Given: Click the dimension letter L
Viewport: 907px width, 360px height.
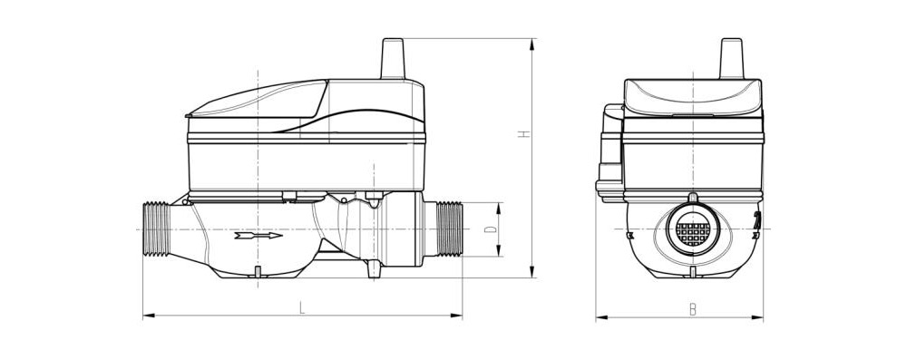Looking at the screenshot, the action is point(301,307).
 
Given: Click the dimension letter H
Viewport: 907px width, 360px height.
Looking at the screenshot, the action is point(523,133).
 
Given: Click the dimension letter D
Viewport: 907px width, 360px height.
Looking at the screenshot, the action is point(491,229).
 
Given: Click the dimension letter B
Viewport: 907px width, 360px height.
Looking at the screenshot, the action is point(692,309).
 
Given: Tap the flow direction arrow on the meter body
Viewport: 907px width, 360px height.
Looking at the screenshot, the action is point(258,236).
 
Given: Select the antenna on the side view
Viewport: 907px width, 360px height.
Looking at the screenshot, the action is point(393,58).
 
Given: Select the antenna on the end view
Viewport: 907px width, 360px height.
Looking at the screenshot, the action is point(731,58).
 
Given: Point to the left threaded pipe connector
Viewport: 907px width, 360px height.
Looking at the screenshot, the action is point(157,229).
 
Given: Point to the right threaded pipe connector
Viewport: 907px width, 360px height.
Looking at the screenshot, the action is point(449,229).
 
